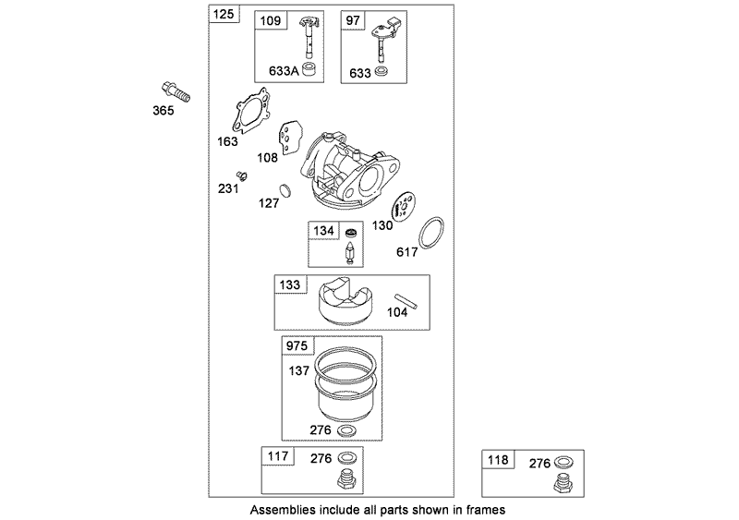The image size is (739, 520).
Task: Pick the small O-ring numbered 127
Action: pyautogui.click(x=286, y=192)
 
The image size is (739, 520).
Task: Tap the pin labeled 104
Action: pyautogui.click(x=406, y=302)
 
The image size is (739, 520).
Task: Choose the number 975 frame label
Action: pyautogui.click(x=297, y=345)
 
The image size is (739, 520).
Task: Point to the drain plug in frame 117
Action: pyautogui.click(x=349, y=479)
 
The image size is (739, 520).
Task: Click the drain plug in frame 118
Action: pyautogui.click(x=561, y=483)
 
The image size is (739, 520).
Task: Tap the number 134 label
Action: pyautogui.click(x=323, y=230)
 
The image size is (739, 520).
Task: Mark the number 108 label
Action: pyautogui.click(x=267, y=157)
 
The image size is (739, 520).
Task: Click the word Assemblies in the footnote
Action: pyautogui.click(x=280, y=509)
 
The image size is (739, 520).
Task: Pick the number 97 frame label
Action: pyautogui.click(x=352, y=18)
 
